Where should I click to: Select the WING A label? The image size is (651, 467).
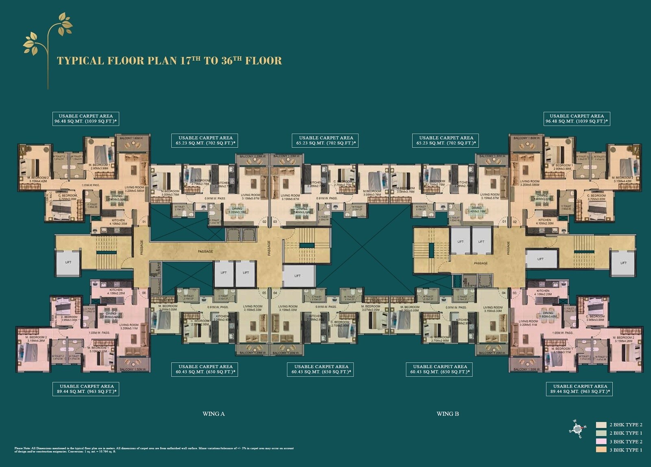pyautogui.click(x=214, y=414)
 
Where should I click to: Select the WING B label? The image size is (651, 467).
pyautogui.click(x=448, y=414)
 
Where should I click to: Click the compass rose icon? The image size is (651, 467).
pyautogui.click(x=577, y=429)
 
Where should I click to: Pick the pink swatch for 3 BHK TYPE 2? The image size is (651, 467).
pyautogui.click(x=601, y=441)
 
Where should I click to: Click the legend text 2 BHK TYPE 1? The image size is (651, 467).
pyautogui.click(x=626, y=433)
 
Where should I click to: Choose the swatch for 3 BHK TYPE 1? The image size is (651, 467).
pyautogui.click(x=601, y=450)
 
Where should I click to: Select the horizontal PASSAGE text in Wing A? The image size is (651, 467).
pyautogui.click(x=205, y=251)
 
